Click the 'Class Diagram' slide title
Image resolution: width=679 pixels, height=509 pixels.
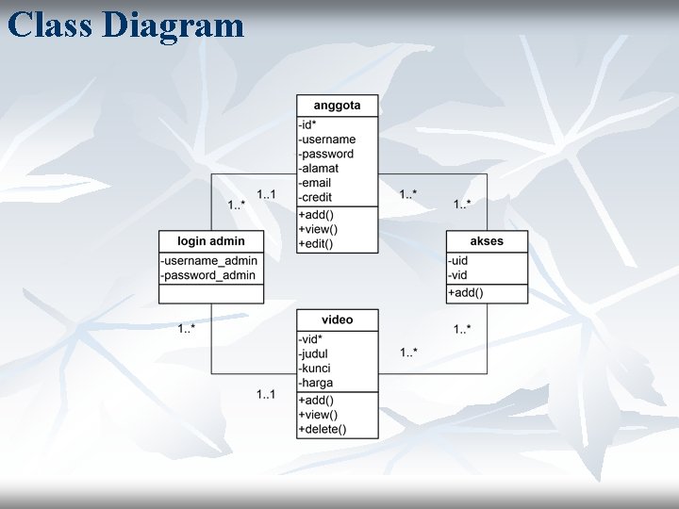125,25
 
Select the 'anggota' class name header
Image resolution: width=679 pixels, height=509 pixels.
337,106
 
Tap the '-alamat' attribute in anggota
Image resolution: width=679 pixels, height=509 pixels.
319,169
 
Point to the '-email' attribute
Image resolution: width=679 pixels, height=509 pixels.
315,183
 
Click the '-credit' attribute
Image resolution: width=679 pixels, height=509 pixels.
315,198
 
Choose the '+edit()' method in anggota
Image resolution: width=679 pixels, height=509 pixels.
316,244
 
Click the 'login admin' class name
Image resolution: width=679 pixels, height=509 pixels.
211,241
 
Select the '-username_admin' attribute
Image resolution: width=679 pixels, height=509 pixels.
209,261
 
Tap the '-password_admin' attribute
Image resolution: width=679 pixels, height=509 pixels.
208,275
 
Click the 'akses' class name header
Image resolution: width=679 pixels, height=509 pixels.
487,241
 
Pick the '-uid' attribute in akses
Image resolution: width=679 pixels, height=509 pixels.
458,261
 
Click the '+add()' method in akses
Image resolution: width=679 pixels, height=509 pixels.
465,293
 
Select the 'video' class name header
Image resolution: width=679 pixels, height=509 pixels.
337,320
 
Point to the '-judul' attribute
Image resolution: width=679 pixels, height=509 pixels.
313,354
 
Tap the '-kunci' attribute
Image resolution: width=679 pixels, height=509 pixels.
315,369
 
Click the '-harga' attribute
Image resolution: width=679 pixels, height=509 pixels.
316,384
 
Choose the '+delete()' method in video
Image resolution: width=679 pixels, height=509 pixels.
323,430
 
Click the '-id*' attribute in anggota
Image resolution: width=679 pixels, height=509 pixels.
307,124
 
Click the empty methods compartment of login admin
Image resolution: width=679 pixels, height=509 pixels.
211,294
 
